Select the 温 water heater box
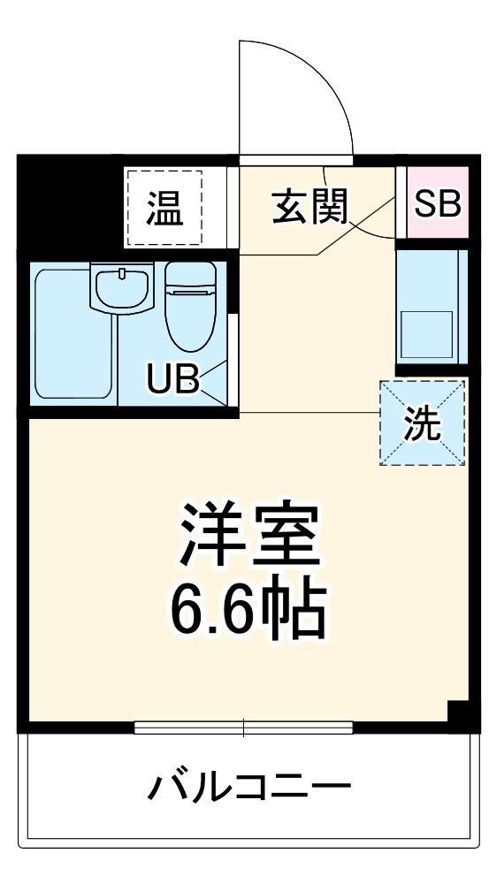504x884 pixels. [164, 209]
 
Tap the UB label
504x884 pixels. [173, 379]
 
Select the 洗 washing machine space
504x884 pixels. [422, 423]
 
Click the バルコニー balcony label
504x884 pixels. [249, 786]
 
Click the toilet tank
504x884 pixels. [189, 277]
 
